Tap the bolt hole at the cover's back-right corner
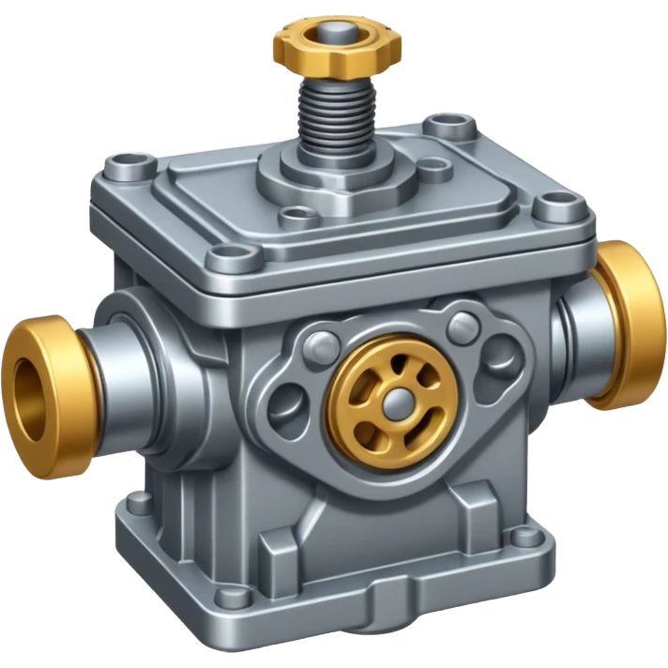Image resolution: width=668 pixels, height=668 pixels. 441,124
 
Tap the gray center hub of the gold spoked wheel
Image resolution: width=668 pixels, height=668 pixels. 394,401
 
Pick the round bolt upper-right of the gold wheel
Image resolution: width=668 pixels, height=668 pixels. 461,326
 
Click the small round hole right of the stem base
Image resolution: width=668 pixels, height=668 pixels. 433,170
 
